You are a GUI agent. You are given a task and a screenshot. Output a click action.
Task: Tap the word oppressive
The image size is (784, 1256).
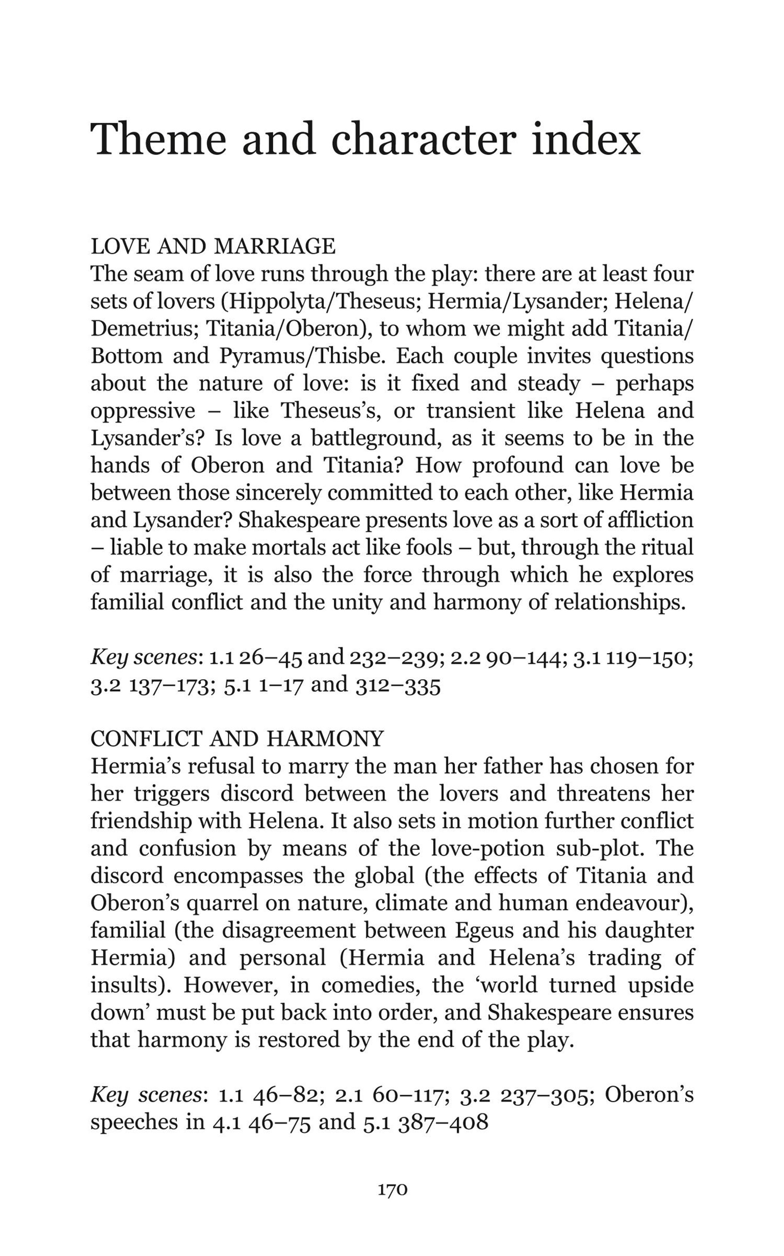(x=143, y=411)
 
